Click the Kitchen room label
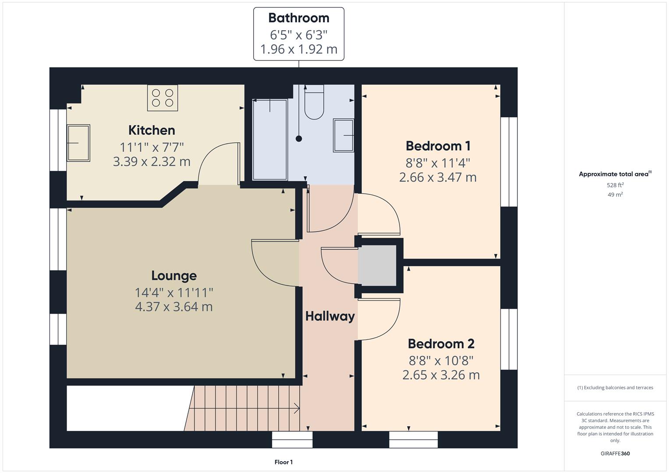coord(152,130)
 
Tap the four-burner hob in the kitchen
coord(163,98)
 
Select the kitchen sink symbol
coord(78,143)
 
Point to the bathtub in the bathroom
coord(270,139)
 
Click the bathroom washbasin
coord(343,135)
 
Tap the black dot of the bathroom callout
coord(299,139)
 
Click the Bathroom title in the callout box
coord(298,18)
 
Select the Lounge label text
coord(174,275)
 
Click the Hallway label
coord(330,316)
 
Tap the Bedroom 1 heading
coord(438,146)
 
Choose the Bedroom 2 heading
coord(441,344)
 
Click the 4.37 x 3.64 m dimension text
coord(174,307)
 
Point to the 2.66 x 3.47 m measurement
coord(438,177)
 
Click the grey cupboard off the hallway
coord(377,265)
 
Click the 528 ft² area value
coord(615,185)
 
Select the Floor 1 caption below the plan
coord(283,462)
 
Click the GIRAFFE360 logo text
coord(615,454)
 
